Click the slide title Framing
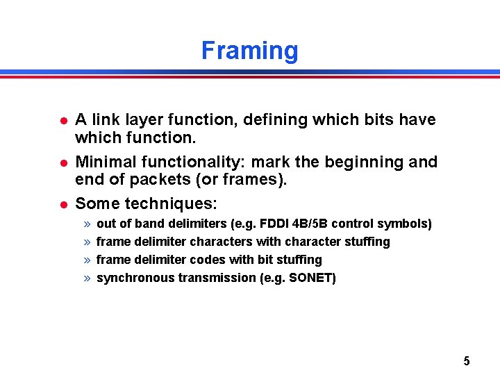coord(249,51)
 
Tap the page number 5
coord(466,360)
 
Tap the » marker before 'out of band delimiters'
coord(87,224)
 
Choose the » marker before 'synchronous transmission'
coord(87,278)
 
